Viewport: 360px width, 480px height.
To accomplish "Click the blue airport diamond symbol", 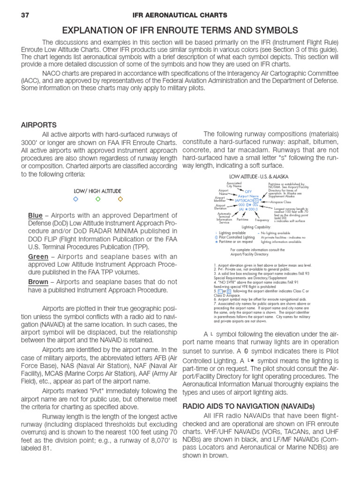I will pyautogui.click(x=75, y=199).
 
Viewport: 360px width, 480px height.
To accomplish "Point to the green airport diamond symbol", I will pyautogui.click(x=97, y=199).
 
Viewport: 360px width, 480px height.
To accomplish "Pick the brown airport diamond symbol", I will pyautogui.click(x=120, y=199).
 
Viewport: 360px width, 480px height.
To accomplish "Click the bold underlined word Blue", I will pyautogui.click(x=35, y=215).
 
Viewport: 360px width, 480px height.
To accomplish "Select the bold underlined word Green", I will pyautogui.click(x=38, y=256).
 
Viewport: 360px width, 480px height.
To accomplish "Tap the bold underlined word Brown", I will pyautogui.click(x=38, y=282).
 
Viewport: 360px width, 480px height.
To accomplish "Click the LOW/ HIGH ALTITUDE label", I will pyautogui.click(x=97, y=191).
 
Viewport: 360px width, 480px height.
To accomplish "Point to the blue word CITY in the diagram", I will pyautogui.click(x=248, y=192).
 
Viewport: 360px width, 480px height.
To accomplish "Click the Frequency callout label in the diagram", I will pyautogui.click(x=262, y=220).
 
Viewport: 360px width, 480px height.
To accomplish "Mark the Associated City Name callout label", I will pyautogui.click(x=234, y=184).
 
